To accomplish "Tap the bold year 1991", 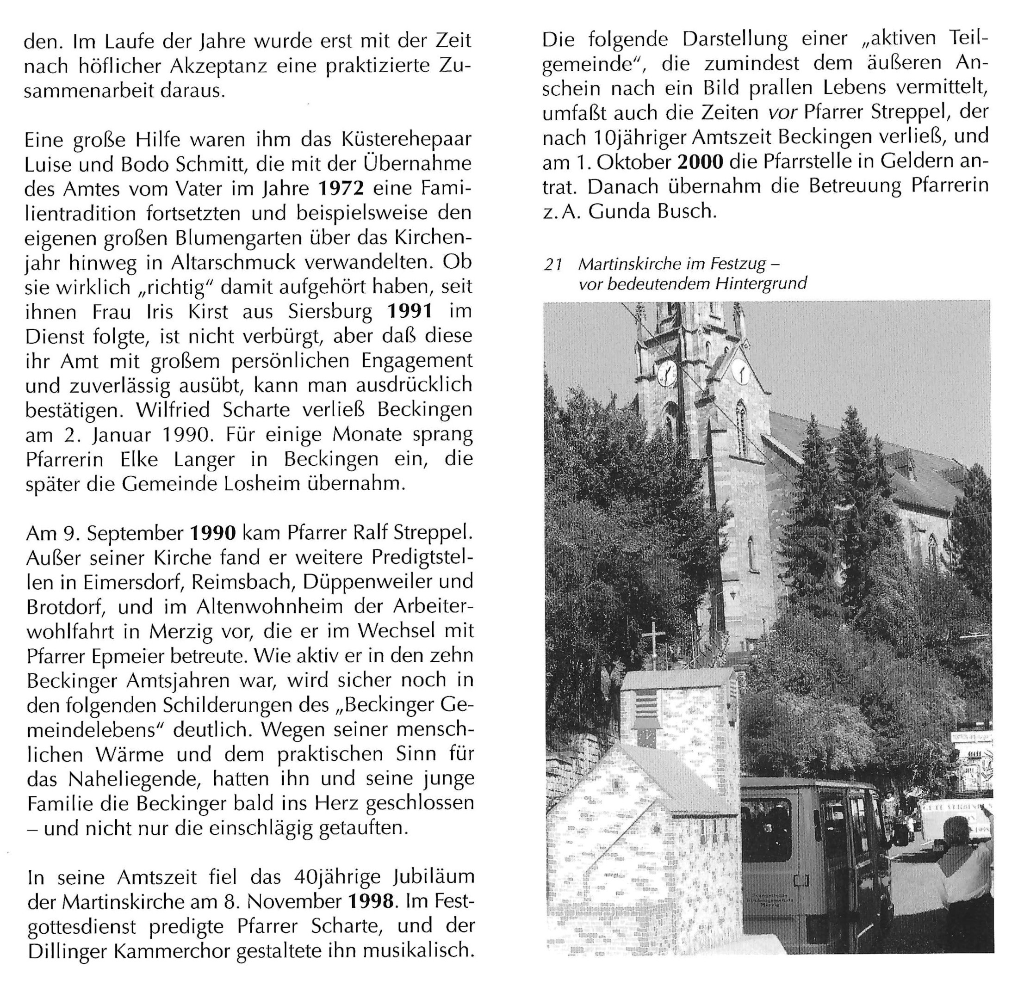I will pyautogui.click(x=410, y=312).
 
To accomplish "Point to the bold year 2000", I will pyautogui.click(x=701, y=162).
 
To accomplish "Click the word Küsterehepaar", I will pyautogui.click(x=406, y=140).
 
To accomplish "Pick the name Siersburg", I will pyautogui.click(x=330, y=312).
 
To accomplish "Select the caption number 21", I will pyautogui.click(x=553, y=264).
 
